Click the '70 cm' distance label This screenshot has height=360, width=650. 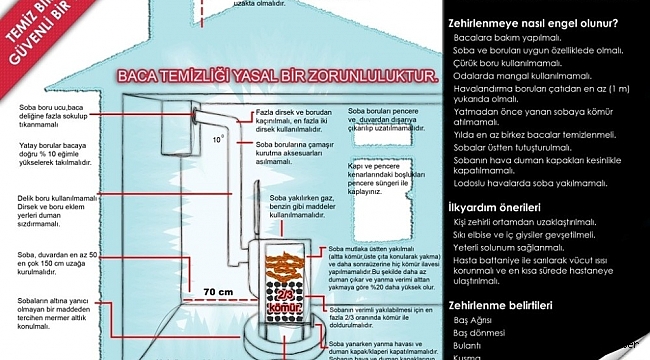tap(218, 292)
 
